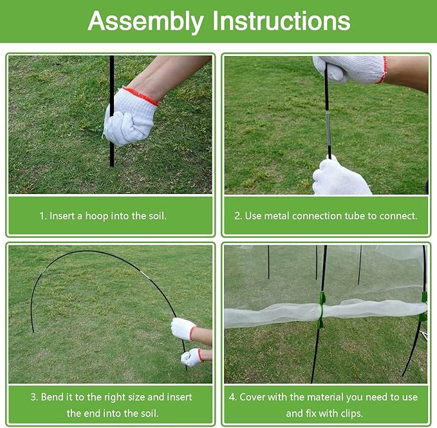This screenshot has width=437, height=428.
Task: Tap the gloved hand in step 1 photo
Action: [129, 118]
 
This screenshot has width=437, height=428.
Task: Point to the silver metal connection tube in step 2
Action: [328, 120]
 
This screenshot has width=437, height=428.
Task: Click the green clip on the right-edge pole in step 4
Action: [423, 306]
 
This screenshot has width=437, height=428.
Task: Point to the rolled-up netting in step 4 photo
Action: [277, 313]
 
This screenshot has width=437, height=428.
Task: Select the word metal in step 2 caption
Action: [277, 216]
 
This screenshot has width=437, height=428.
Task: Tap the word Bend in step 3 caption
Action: [53, 396]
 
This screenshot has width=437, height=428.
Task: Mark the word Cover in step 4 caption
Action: [253, 396]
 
